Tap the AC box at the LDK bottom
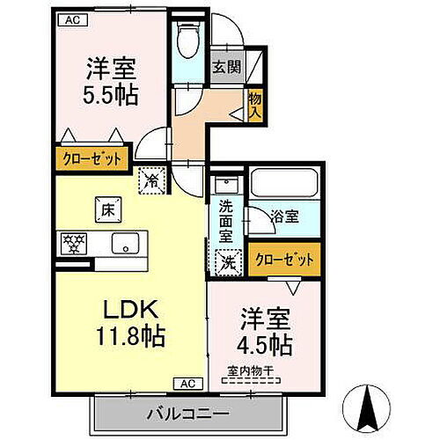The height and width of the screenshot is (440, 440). pos(187,383)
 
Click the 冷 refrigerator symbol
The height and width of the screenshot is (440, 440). pos(152,180)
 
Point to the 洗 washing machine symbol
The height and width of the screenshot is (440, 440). pos(227,261)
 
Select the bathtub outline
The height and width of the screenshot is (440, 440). pos(284,183)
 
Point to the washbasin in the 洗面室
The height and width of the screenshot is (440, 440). pos(225,187)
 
